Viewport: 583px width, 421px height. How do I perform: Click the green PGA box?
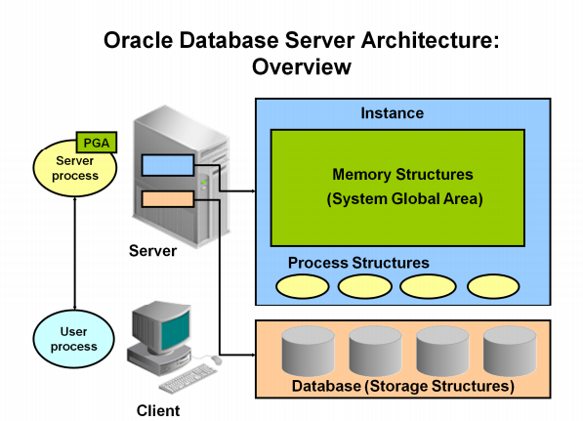pyautogui.click(x=97, y=143)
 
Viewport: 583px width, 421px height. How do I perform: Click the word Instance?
pyautogui.click(x=392, y=113)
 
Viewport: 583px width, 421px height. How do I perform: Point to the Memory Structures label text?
pyautogui.click(x=402, y=175)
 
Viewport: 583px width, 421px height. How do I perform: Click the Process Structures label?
pyautogui.click(x=358, y=263)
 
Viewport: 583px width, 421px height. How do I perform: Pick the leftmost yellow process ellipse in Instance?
pyautogui.click(x=302, y=286)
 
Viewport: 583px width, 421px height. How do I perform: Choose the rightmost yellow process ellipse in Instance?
pyautogui.click(x=493, y=286)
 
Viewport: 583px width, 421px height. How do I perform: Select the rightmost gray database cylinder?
pyautogui.click(x=511, y=353)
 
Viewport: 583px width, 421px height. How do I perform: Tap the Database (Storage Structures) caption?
pyautogui.click(x=403, y=387)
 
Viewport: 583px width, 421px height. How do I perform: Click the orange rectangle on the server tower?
pyautogui.click(x=167, y=199)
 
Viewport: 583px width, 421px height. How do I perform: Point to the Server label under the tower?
pyautogui.click(x=152, y=251)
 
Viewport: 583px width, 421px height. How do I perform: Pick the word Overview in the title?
pyautogui.click(x=301, y=67)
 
